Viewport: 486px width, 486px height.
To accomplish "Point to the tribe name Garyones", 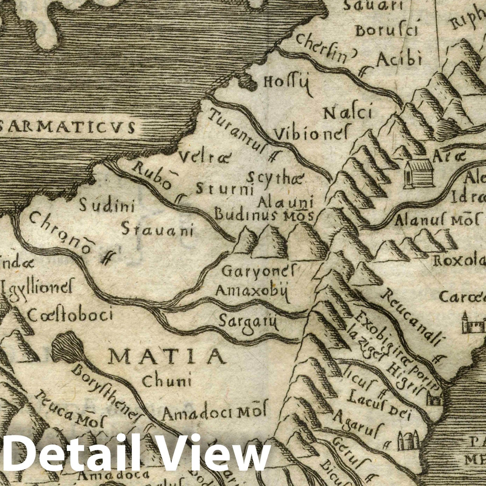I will pos(260,271).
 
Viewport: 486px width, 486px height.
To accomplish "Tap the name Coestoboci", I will pos(70,315).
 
